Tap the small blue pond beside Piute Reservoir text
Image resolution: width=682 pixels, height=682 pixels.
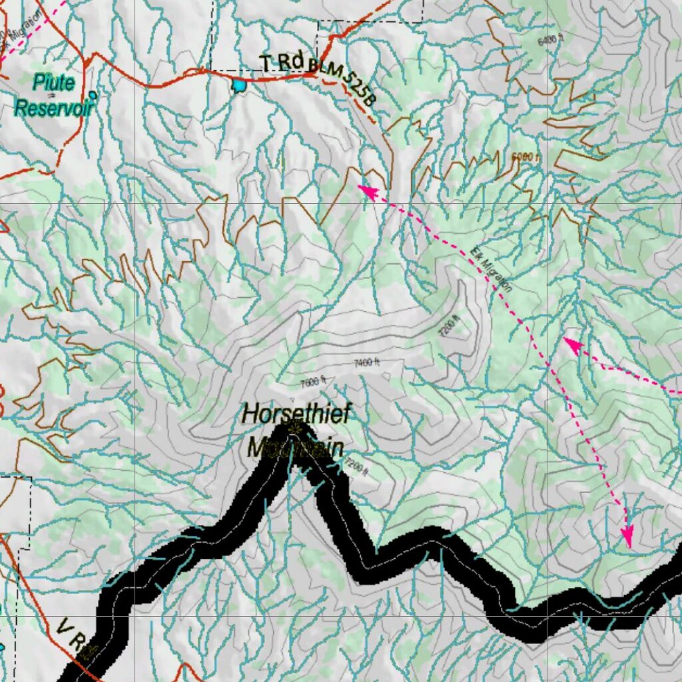point(92,95)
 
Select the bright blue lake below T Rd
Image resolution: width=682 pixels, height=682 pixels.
point(238,85)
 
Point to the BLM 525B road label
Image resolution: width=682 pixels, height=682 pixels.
point(342,84)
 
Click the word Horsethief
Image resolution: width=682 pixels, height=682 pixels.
point(296,414)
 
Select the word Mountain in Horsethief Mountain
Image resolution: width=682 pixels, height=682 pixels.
point(296,447)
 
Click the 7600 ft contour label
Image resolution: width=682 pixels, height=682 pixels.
point(313,382)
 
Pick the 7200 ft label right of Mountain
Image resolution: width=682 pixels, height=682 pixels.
point(356,468)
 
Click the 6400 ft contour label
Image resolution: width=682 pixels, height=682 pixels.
point(547,41)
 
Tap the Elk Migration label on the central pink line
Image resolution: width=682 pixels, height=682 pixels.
point(491,270)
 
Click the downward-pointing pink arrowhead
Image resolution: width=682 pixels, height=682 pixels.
point(627,536)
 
